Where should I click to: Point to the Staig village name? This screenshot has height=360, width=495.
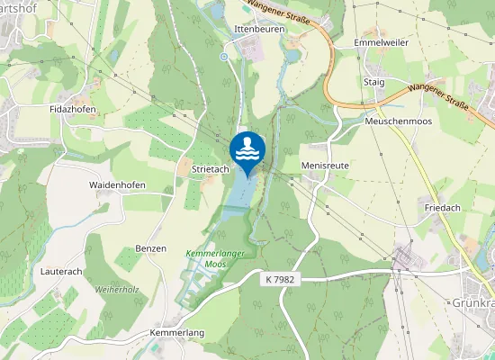[x=373, y=82]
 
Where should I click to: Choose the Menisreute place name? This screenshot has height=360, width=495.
[x=325, y=166]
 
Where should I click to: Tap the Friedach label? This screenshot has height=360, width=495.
[x=443, y=208]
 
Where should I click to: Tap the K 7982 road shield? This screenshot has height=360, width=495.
[x=281, y=280]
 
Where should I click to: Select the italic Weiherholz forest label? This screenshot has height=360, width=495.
[x=118, y=290]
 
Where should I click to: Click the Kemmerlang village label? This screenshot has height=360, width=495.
[x=176, y=332]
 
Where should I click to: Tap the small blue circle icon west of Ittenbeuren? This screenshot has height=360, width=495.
[x=224, y=57]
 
